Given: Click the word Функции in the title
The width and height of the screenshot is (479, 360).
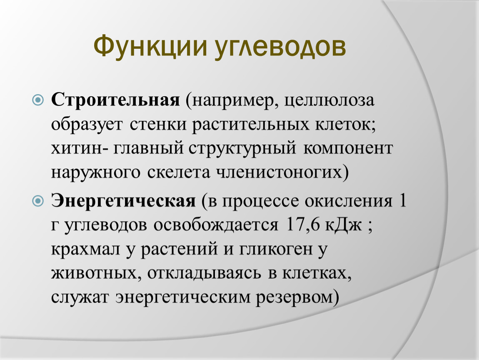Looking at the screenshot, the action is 151,46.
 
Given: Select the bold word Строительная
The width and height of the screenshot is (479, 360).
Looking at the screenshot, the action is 115,100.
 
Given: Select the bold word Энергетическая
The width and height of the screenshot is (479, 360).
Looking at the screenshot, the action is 123,201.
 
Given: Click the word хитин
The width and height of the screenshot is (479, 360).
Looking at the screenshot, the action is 77,148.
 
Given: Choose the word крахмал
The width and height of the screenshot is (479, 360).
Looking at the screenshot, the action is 86,249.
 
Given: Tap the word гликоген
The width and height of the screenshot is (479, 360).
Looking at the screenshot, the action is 276,249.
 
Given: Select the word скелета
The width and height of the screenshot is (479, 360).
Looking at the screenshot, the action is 179,172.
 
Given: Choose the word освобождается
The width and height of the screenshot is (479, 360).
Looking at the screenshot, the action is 216,225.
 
